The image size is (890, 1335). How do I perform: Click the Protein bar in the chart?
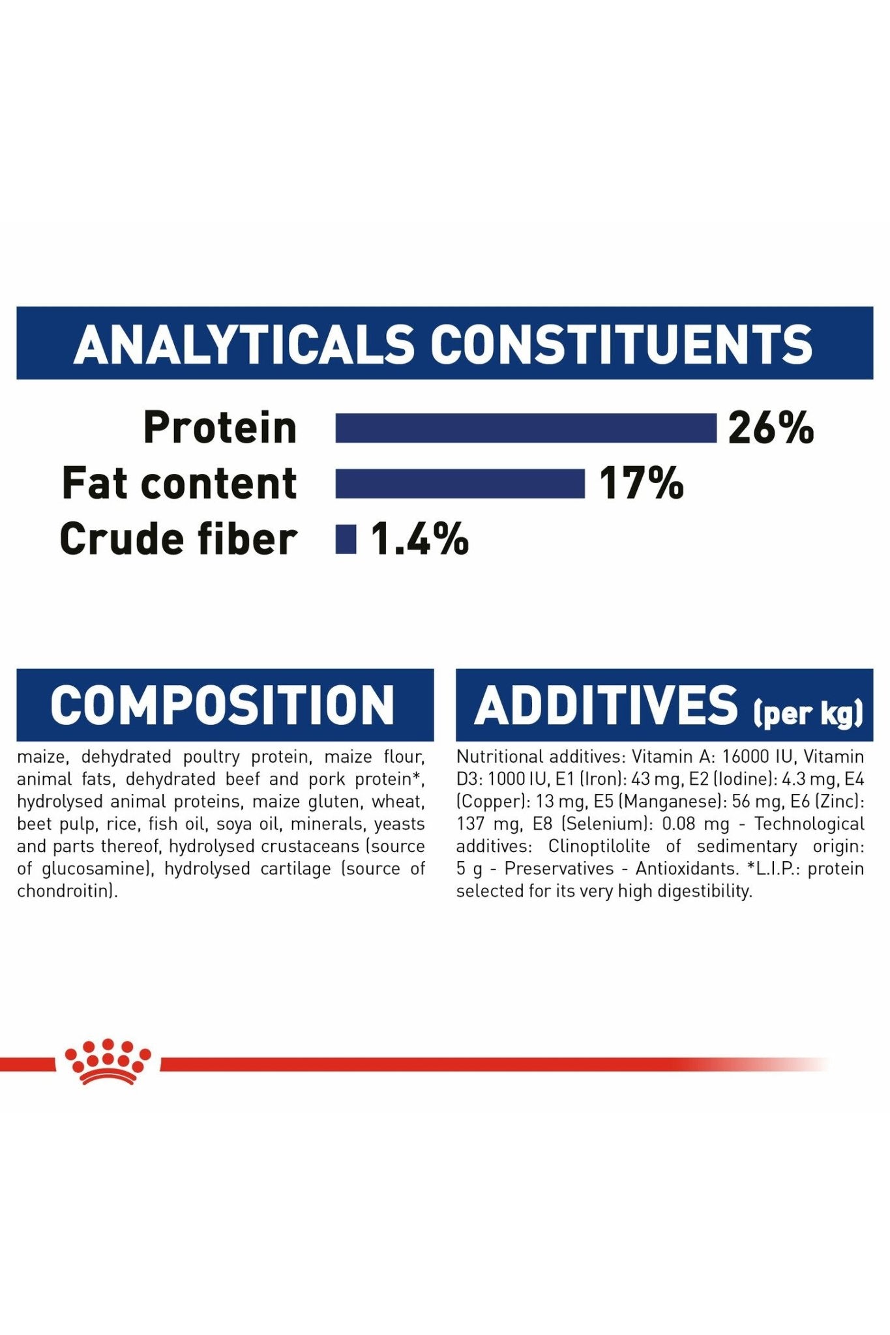(526, 428)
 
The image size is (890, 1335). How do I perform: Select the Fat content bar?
(460, 484)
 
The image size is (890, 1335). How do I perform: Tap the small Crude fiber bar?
(346, 539)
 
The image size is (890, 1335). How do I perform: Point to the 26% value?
(771, 428)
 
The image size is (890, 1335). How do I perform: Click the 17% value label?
(641, 484)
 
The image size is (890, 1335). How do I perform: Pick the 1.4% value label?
(420, 539)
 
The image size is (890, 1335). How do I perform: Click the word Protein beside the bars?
(220, 428)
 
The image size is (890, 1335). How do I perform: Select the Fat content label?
(179, 484)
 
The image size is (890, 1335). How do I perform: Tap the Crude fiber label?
(179, 539)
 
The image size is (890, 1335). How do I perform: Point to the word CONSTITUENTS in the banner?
(621, 344)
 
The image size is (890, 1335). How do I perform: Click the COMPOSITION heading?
(223, 705)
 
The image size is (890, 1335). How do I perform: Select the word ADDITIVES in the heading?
(606, 705)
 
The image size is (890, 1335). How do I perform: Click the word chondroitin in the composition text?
(65, 891)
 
